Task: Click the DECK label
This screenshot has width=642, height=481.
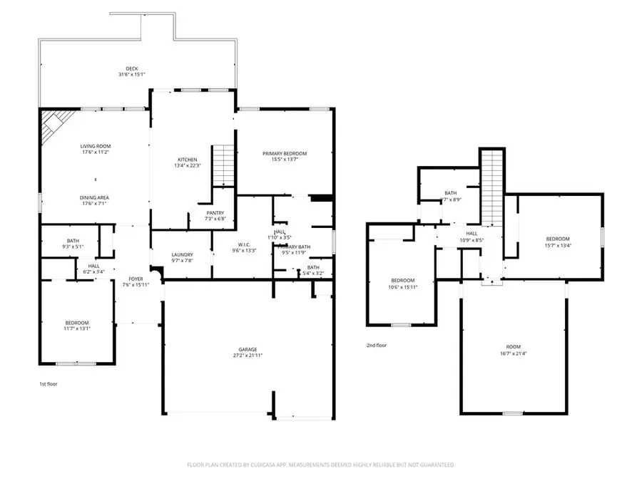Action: tap(132, 71)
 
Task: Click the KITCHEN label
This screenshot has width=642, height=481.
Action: tap(188, 162)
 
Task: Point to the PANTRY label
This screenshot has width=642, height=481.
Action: tap(215, 215)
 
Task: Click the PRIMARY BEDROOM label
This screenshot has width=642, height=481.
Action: tap(284, 157)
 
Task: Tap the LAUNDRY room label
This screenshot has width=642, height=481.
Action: tap(183, 258)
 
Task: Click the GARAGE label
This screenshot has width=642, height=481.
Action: tap(249, 352)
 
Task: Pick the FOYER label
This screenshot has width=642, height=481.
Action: tap(136, 282)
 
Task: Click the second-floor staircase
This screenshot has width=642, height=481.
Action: tap(491, 185)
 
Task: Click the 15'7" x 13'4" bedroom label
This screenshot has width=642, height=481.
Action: tap(558, 242)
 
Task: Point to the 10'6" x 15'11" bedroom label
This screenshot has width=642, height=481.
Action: tap(402, 284)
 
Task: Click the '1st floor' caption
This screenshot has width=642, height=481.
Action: tap(48, 384)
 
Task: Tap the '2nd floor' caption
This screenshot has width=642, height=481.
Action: tap(376, 345)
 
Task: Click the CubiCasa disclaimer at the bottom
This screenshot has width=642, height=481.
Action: tap(320, 465)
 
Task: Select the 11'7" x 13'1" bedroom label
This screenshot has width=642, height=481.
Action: tap(76, 326)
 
